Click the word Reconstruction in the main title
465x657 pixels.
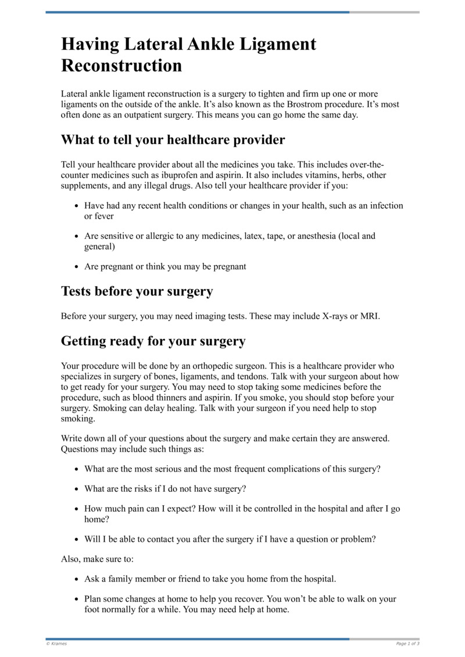click(x=121, y=65)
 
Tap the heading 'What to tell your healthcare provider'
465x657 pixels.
click(x=173, y=140)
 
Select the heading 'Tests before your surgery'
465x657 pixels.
click(x=137, y=291)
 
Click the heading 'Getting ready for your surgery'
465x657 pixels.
click(x=153, y=341)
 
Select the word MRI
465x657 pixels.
click(x=369, y=316)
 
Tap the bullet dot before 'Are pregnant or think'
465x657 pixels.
click(x=77, y=267)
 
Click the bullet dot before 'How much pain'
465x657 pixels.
click(x=77, y=509)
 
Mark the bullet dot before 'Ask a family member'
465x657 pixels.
click(x=77, y=580)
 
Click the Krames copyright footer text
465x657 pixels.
click(x=56, y=644)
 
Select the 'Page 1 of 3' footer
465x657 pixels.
click(x=407, y=644)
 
